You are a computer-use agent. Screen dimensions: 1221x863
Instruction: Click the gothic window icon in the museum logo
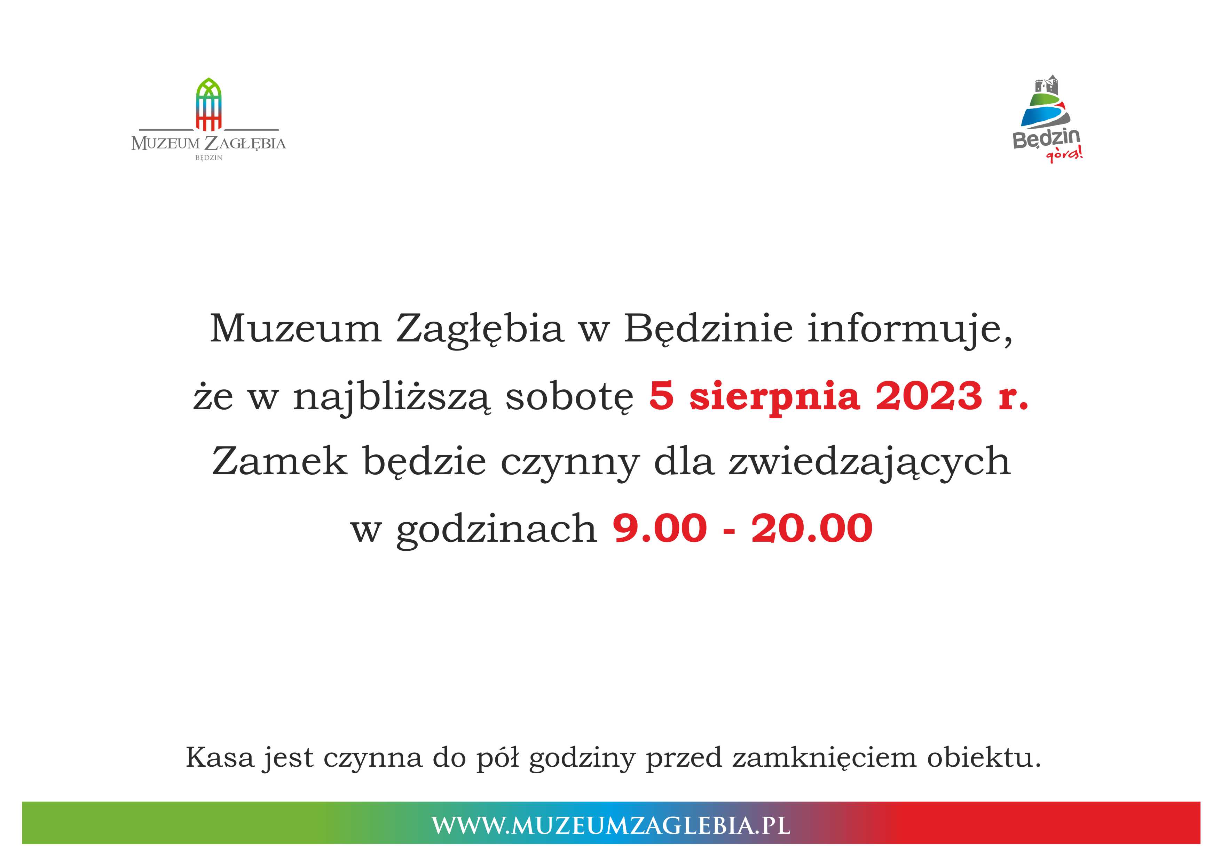[208, 104]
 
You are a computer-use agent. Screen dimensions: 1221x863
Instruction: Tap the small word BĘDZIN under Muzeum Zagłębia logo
[209, 158]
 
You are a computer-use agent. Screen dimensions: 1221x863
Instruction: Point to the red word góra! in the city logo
[1064, 155]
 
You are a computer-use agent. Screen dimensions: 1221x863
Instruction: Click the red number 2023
[928, 396]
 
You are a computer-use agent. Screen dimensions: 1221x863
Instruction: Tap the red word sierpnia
[774, 397]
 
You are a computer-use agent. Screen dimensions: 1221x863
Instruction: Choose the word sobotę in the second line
[569, 397]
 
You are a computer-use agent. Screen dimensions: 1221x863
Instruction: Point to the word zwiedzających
[869, 463]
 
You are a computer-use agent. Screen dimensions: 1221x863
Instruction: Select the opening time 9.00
[660, 529]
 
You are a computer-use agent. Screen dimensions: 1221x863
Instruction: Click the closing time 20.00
[812, 529]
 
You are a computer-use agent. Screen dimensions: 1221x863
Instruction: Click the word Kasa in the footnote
[220, 757]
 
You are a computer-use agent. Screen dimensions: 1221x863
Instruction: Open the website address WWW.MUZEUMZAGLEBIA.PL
[610, 825]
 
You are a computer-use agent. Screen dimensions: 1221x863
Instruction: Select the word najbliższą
[393, 397]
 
